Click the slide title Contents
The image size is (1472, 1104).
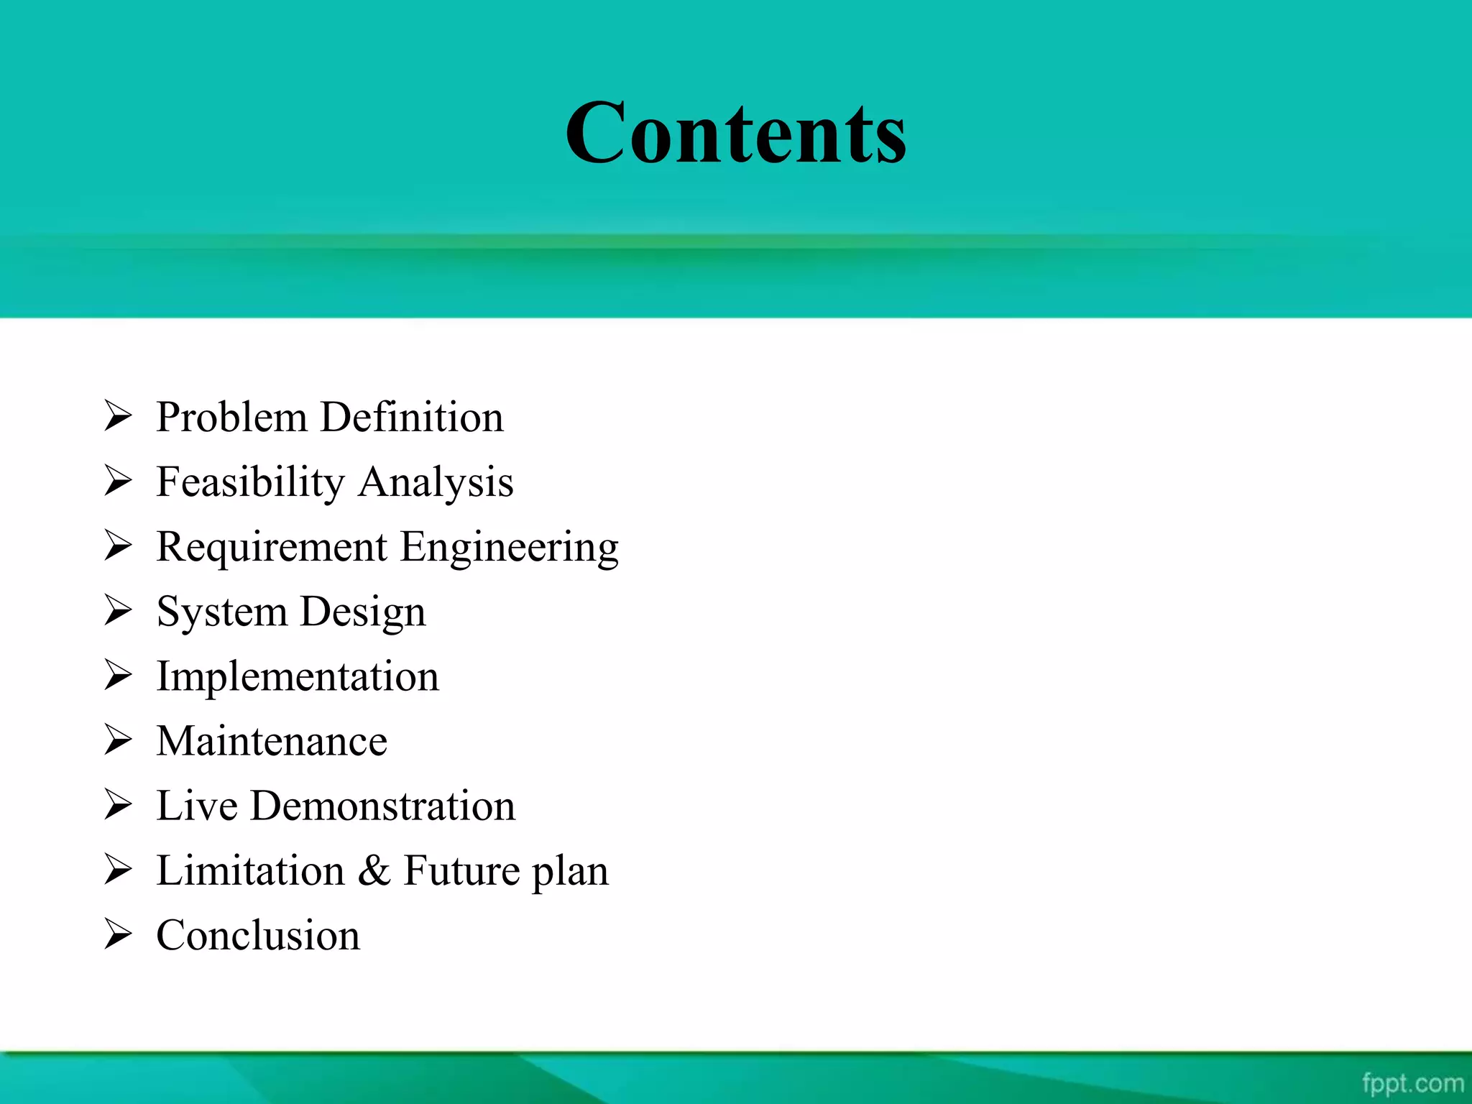coord(735,133)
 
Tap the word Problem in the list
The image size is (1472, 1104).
coord(231,418)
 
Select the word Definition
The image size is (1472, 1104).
coord(412,418)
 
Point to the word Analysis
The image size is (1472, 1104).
coord(436,482)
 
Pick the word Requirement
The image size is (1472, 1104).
coord(272,547)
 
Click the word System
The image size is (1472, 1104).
coord(221,612)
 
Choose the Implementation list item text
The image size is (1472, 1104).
coord(298,677)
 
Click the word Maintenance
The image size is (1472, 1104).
coord(272,741)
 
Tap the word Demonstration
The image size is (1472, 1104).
coord(382,806)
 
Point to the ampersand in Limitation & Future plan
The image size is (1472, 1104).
coord(374,870)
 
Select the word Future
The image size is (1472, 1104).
coord(461,870)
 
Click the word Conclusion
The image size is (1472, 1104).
coord(258,935)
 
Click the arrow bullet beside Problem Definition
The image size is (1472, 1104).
coord(118,416)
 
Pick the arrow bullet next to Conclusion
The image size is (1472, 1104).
coord(118,934)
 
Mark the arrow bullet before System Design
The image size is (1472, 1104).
coord(118,610)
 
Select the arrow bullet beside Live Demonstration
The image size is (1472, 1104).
coord(118,804)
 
